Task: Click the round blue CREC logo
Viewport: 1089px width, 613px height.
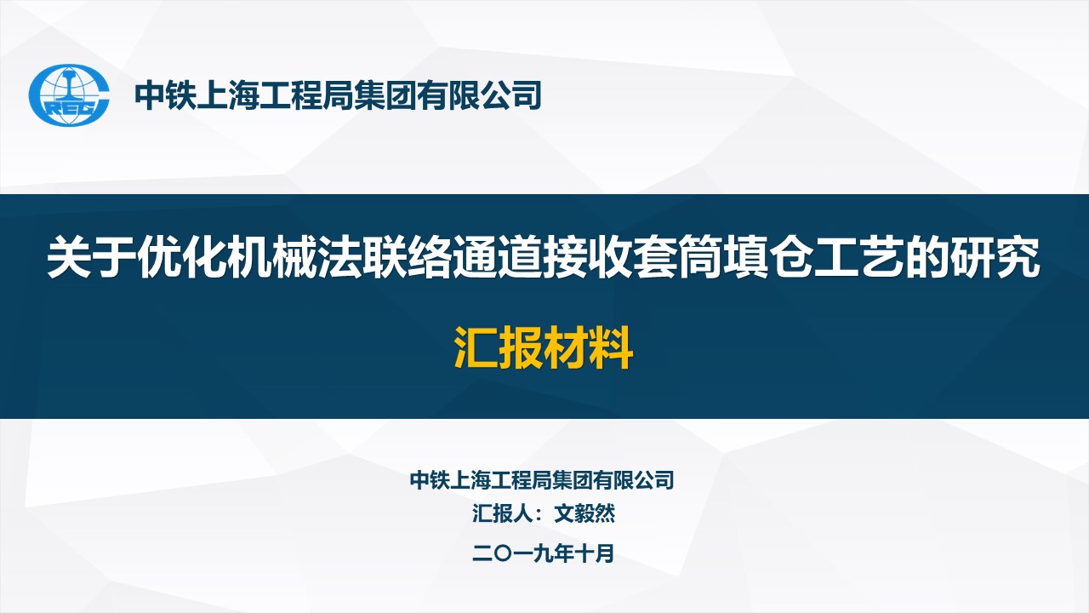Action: [69, 95]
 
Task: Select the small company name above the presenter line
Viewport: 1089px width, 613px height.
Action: [542, 480]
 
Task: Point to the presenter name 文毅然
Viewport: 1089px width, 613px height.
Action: [584, 513]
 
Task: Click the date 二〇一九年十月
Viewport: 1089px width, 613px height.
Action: [543, 553]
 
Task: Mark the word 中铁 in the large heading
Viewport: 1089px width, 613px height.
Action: [165, 95]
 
